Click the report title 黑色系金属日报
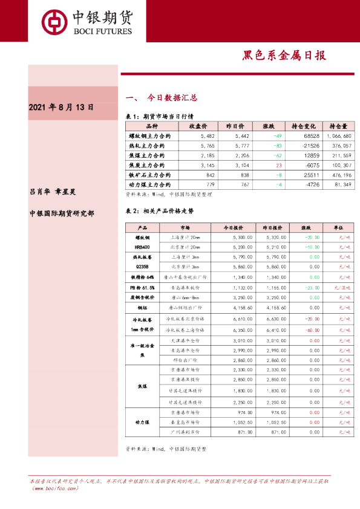284,55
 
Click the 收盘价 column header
198,126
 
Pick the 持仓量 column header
338,126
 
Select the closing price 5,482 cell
198,136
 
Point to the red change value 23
279,165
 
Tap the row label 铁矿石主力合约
147,175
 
